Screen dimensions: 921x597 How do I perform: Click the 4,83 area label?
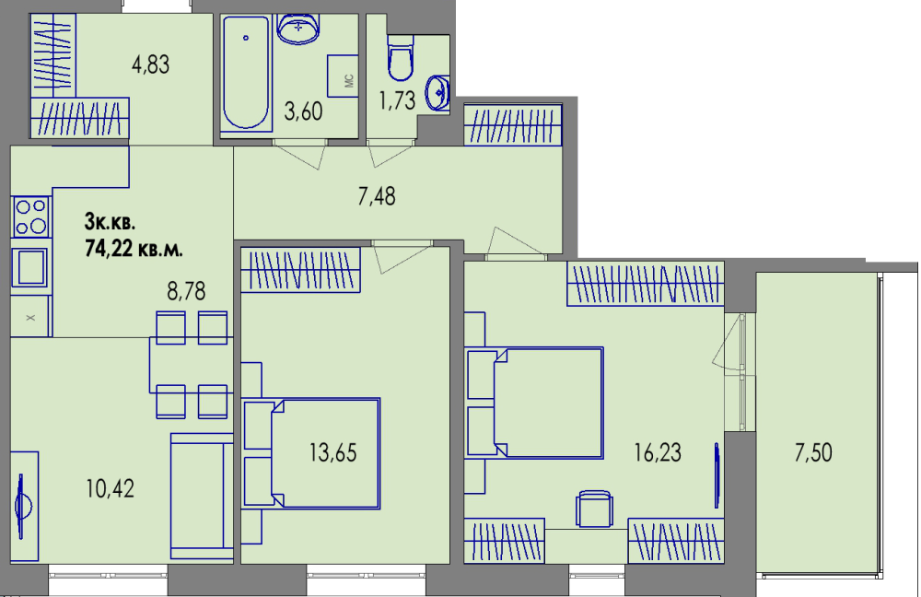point(150,64)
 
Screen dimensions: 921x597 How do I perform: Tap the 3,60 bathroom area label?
point(303,111)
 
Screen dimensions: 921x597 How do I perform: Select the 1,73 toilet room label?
point(397,100)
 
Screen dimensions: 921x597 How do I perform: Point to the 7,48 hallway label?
point(377,196)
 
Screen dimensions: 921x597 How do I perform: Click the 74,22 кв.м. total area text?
point(134,249)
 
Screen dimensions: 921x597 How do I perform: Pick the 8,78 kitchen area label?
point(186,291)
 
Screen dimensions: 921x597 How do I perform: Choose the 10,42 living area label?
point(110,488)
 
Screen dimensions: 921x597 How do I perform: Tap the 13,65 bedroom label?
point(333,452)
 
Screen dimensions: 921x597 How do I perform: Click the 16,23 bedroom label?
point(658,452)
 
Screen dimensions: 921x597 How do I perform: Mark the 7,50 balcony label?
point(813,452)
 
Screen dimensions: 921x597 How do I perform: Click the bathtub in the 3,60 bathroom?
point(246,73)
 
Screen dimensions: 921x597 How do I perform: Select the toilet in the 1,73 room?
point(401,58)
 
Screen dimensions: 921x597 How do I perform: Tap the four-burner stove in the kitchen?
point(30,217)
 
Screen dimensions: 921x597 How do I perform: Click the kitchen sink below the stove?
point(30,267)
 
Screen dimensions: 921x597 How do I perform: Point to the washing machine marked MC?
point(343,76)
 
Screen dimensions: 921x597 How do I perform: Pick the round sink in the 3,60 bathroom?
point(298,29)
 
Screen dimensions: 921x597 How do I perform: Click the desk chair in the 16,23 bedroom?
point(594,509)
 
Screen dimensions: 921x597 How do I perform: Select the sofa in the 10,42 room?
point(202,496)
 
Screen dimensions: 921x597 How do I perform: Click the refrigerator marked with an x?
point(30,317)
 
